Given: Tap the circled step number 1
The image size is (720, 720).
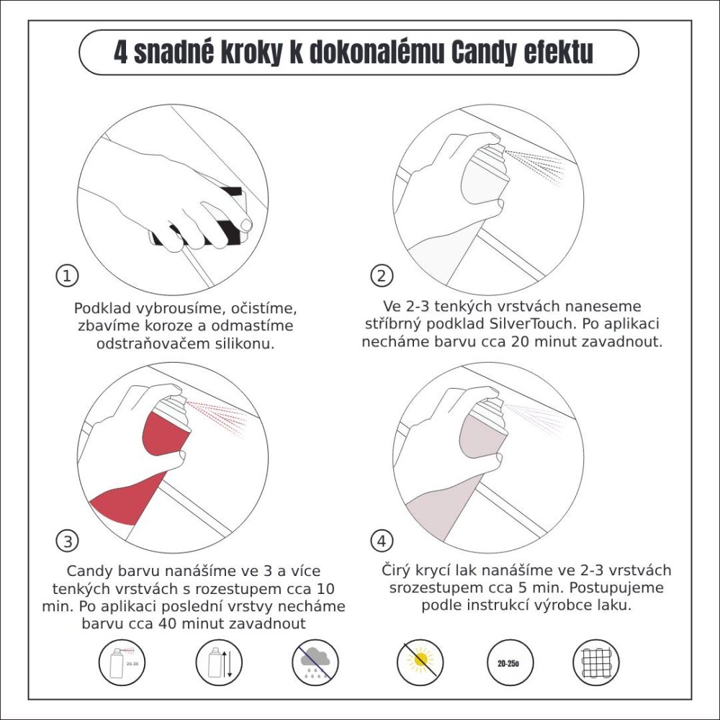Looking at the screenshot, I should click(67, 275).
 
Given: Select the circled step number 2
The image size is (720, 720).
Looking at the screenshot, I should click(382, 275).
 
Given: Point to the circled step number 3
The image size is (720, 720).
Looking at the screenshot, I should click(67, 540).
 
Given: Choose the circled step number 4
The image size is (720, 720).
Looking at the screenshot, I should click(382, 540).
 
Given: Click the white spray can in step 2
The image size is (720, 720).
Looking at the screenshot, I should click(485, 179).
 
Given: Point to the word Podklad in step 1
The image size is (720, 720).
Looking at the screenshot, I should click(100, 308).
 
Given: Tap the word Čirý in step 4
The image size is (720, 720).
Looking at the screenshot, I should click(398, 570).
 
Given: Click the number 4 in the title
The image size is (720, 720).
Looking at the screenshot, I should click(120, 53).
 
